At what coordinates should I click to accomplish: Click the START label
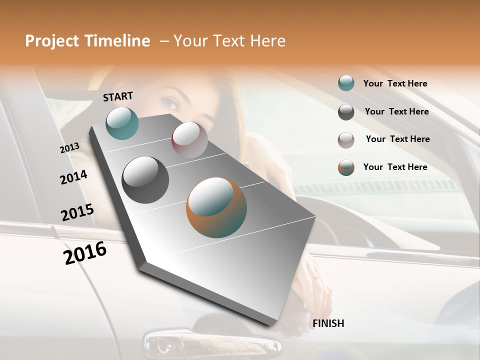tap(118, 96)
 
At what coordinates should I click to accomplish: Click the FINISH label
tap(328, 323)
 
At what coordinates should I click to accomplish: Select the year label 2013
tap(69, 147)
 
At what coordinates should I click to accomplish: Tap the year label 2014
tap(73, 177)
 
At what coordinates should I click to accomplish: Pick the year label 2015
tap(77, 212)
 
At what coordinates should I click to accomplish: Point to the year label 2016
tap(85, 253)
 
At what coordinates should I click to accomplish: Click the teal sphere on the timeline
tap(122, 123)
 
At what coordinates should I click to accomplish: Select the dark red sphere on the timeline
tap(189, 140)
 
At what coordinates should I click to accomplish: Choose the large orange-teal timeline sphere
tap(216, 207)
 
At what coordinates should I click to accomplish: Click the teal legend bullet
tap(346, 83)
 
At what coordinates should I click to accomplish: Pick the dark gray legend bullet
tap(346, 112)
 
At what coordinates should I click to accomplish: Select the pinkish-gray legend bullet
tap(346, 140)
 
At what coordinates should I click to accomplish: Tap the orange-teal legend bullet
tap(346, 167)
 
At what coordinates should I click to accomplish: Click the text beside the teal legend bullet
tap(395, 83)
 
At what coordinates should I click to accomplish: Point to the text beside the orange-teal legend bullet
tap(395, 167)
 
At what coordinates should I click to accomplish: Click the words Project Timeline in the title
tap(87, 41)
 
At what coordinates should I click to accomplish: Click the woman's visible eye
tap(170, 104)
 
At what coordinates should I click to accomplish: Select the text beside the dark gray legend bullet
tap(396, 111)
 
